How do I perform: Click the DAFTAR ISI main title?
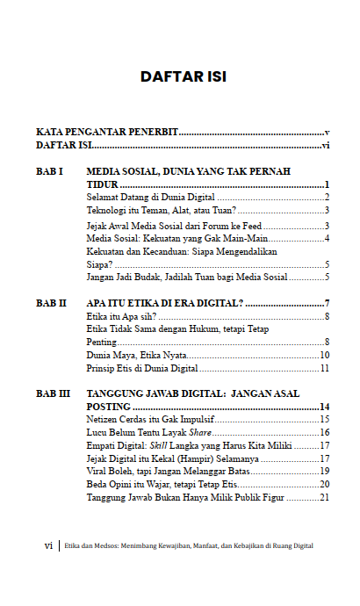pos(184,77)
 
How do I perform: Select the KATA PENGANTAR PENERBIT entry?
pos(107,132)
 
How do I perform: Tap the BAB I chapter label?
pos(50,171)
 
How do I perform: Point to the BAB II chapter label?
pos(52,303)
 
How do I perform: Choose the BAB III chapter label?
pos(54,394)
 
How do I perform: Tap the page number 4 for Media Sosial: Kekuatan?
pos(326,238)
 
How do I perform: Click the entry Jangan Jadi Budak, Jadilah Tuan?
pos(187,278)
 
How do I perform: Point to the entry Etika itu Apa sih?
pos(121,316)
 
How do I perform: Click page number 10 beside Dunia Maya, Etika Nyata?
pos(323,355)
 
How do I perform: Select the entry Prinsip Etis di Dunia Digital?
pos(142,368)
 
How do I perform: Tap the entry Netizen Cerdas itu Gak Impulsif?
pos(150,420)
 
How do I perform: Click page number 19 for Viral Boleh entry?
pos(323,472)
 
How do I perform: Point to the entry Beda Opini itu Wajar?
pos(162,484)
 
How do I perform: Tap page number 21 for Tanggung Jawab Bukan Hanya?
pos(323,497)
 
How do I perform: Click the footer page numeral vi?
pos(48,545)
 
